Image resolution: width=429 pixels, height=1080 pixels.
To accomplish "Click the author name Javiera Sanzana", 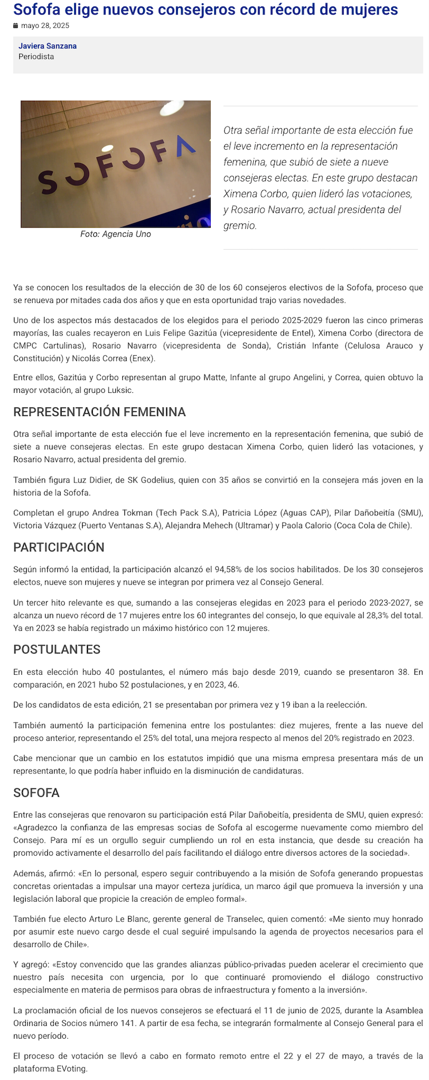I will tap(47, 46).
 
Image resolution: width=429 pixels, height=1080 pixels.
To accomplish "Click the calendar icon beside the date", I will tap(16, 26).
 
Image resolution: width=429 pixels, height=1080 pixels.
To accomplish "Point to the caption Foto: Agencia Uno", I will tap(115, 234).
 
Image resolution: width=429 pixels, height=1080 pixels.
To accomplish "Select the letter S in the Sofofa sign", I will tap(47, 181).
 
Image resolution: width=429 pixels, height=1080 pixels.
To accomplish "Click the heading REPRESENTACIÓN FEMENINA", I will tap(99, 412).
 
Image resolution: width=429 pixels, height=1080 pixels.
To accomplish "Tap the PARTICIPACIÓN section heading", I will tap(59, 547).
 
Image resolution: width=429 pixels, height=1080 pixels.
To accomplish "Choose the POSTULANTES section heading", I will tap(57, 649).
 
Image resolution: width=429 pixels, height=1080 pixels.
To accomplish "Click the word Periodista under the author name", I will tap(36, 56).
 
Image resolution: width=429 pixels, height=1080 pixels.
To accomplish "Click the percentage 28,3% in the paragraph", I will tap(376, 615).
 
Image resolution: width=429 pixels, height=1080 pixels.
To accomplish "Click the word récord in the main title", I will tap(292, 10).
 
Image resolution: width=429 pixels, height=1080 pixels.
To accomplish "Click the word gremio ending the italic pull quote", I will tap(239, 225).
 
